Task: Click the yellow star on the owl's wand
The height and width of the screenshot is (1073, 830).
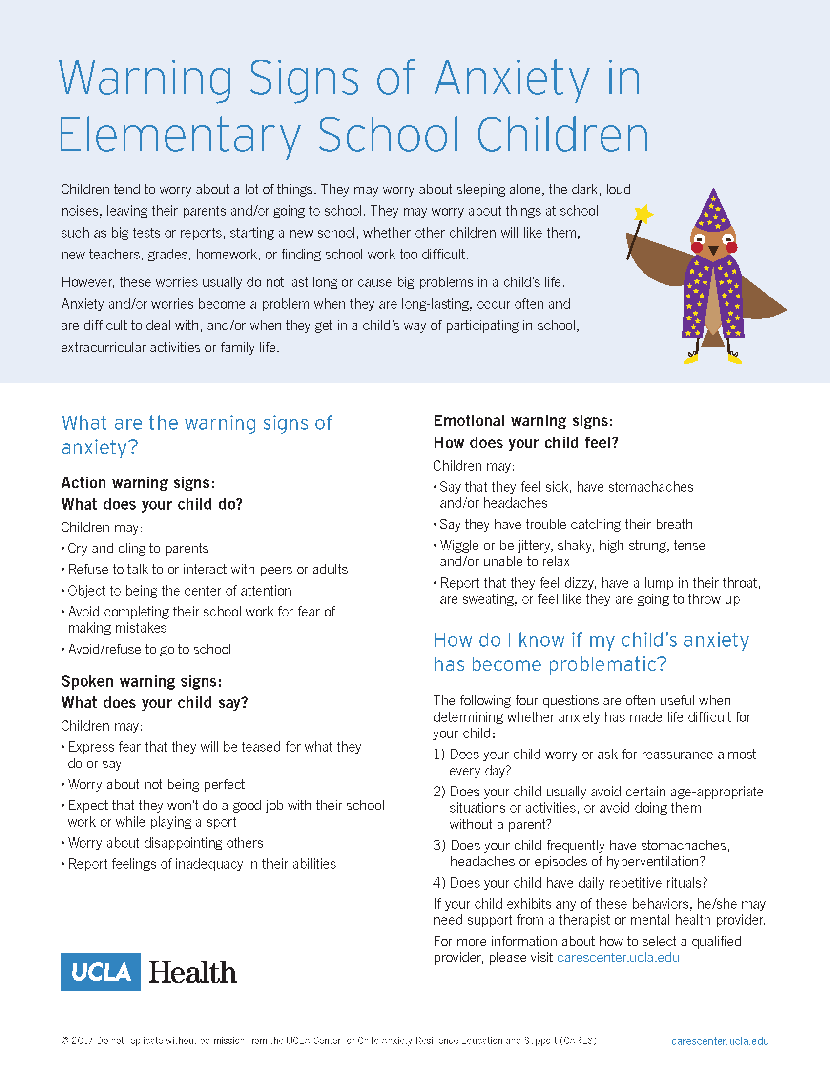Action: [x=643, y=214]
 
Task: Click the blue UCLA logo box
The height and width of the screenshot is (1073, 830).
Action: [x=101, y=971]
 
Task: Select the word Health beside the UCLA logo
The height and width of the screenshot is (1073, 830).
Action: [x=192, y=972]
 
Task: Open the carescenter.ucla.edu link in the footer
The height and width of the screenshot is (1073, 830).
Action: [x=719, y=1041]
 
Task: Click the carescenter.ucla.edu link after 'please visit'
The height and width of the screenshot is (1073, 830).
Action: [x=618, y=957]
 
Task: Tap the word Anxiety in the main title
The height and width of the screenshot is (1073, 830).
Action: [x=511, y=79]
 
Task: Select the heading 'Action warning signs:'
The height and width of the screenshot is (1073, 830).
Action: [x=138, y=483]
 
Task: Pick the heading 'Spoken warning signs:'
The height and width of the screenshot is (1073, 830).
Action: [x=142, y=681]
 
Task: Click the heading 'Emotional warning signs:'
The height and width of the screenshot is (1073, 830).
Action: [x=523, y=421]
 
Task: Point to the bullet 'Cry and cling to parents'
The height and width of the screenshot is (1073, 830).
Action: [x=138, y=548]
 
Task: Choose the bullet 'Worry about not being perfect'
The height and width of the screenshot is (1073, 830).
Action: [x=156, y=784]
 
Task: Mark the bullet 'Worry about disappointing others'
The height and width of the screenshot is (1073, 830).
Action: [x=166, y=843]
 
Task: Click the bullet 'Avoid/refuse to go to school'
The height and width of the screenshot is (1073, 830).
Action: [x=149, y=650]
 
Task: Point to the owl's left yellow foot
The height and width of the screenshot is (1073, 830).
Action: [x=691, y=359]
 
